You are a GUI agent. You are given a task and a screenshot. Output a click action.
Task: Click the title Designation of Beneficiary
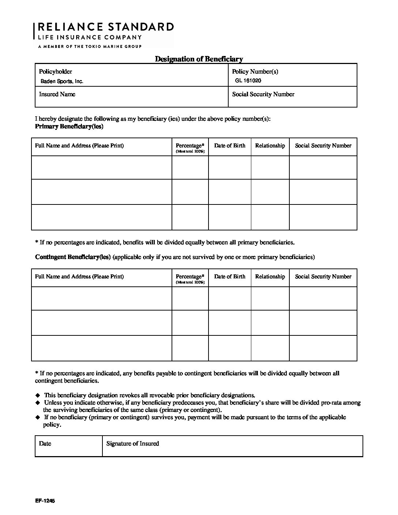[x=199, y=59]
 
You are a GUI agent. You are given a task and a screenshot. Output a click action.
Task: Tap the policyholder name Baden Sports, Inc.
[x=62, y=82]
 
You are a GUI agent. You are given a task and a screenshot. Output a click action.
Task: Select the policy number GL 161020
[x=248, y=80]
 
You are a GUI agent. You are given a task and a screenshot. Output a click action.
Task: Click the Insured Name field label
[x=57, y=94]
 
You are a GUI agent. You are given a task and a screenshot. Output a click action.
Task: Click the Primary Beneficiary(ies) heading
[x=69, y=127]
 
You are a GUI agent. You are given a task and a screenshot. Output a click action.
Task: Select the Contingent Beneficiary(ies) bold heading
[x=73, y=257]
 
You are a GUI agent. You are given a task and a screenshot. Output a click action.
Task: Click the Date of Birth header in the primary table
[x=230, y=146]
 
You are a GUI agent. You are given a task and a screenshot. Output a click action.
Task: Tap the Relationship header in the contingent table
[x=270, y=277]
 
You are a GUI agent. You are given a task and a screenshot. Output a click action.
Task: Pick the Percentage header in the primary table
[x=190, y=146]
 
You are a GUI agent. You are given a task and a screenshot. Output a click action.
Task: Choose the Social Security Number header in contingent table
[x=323, y=277]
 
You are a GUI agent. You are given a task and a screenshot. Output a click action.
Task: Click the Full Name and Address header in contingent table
[x=79, y=277]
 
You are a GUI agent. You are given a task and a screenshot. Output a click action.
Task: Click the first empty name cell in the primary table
[x=102, y=168]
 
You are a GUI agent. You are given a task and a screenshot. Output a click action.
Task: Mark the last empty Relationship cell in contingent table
[x=270, y=348]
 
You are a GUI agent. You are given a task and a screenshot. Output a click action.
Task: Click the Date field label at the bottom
[x=45, y=444]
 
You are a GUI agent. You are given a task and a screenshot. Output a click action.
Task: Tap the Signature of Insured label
[x=132, y=444]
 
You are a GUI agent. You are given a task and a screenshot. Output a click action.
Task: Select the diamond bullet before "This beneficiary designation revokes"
[x=37, y=395]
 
